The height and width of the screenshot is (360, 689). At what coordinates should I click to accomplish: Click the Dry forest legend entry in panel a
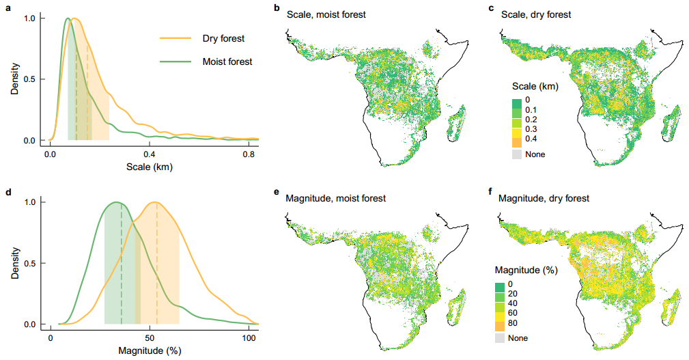point(223,38)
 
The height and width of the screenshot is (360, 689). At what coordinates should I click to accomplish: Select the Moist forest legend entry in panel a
point(227,61)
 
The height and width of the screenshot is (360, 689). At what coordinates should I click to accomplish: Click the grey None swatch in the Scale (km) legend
point(517,154)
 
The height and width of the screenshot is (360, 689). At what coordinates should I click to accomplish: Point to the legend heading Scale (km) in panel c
point(535,87)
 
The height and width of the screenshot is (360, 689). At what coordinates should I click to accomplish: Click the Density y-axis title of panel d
point(14,262)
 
